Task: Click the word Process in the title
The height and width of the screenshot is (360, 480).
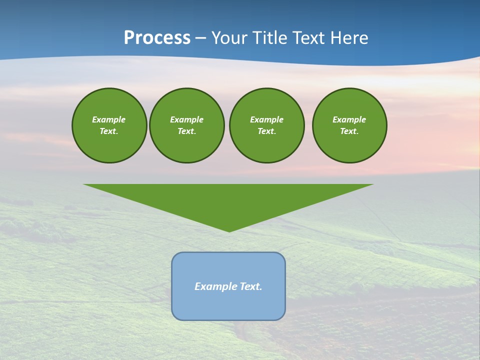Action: click(157, 38)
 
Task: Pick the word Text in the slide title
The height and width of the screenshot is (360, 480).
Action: click(310, 38)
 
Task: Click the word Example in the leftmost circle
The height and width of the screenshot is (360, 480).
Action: click(108, 119)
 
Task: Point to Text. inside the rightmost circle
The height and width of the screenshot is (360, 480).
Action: click(349, 131)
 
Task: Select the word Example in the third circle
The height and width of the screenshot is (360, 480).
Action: click(266, 119)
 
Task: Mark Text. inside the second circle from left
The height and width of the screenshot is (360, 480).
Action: click(186, 131)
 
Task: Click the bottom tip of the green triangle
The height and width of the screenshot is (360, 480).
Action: click(229, 230)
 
